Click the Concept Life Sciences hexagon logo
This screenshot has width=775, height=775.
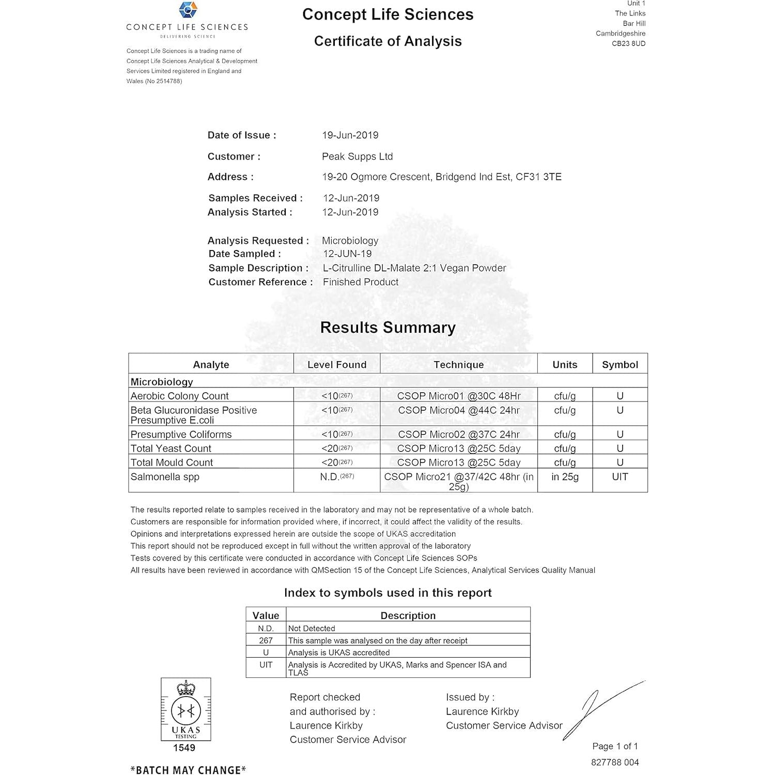click(188, 10)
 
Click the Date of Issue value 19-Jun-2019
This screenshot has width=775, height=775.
click(350, 135)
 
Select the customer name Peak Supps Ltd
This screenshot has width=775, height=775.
click(357, 157)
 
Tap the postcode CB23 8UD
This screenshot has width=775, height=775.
click(628, 43)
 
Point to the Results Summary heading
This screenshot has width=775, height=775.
click(388, 328)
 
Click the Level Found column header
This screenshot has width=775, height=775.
click(337, 365)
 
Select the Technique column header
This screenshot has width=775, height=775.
click(458, 365)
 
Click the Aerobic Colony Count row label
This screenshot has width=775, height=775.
click(179, 396)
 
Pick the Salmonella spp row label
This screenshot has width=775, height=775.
click(165, 477)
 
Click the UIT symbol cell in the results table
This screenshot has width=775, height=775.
click(619, 477)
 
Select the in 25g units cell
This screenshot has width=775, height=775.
click(565, 477)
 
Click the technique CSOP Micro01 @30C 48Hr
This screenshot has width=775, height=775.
click(458, 396)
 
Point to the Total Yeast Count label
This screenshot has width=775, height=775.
click(171, 448)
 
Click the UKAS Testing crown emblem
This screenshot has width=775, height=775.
click(185, 710)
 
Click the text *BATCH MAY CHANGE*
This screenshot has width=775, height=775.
click(188, 770)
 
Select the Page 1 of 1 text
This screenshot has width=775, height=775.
click(615, 746)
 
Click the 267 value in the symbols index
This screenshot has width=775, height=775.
click(266, 641)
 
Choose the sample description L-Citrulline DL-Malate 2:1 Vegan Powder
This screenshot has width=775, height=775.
click(414, 268)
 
